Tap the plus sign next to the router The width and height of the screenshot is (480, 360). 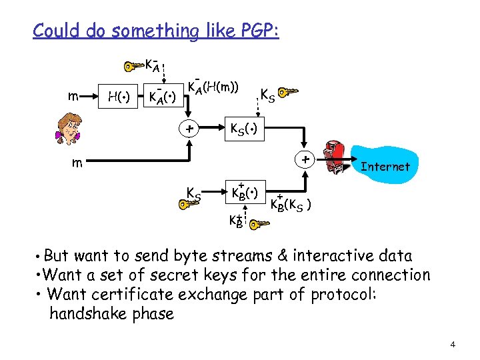(305, 160)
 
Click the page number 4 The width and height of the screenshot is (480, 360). (453, 345)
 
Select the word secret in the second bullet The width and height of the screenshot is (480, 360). (199, 275)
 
